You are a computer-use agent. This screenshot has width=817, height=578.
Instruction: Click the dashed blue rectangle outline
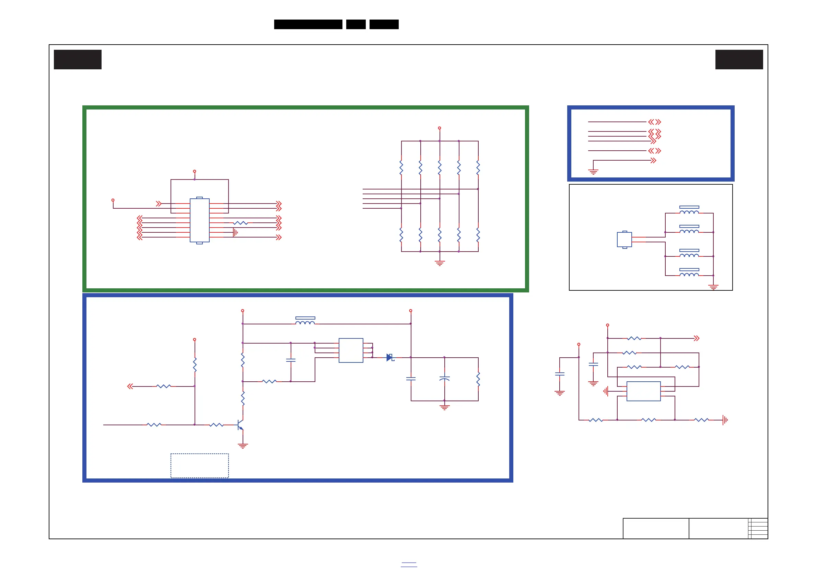tap(199, 465)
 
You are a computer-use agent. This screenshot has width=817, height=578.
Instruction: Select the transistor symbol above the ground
tap(240, 425)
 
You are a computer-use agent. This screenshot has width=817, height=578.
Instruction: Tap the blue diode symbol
tap(390, 357)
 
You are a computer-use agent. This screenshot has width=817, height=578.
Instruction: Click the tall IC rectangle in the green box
tap(199, 220)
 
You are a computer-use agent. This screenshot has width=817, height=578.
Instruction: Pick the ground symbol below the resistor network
tap(440, 263)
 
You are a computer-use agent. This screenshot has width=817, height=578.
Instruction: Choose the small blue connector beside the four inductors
tap(624, 240)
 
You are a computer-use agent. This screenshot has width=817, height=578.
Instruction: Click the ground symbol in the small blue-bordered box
tap(593, 172)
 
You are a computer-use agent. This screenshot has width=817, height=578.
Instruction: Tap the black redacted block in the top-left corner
tap(78, 59)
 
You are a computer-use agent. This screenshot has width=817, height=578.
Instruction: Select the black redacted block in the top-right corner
tap(739, 59)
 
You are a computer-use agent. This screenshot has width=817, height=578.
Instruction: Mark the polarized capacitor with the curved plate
tap(444, 378)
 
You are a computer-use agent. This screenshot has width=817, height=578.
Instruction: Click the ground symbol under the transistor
tap(243, 446)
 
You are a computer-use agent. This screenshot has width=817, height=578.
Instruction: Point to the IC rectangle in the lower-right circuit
tap(643, 391)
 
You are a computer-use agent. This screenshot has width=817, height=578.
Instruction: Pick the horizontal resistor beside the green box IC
tap(241, 223)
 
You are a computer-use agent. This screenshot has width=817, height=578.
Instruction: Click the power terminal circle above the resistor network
tap(440, 128)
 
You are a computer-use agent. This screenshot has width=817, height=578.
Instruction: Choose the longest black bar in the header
tap(308, 24)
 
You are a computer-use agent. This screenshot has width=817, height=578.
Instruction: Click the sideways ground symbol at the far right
tap(725, 420)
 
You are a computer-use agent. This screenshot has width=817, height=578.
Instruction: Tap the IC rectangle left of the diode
tap(351, 350)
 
